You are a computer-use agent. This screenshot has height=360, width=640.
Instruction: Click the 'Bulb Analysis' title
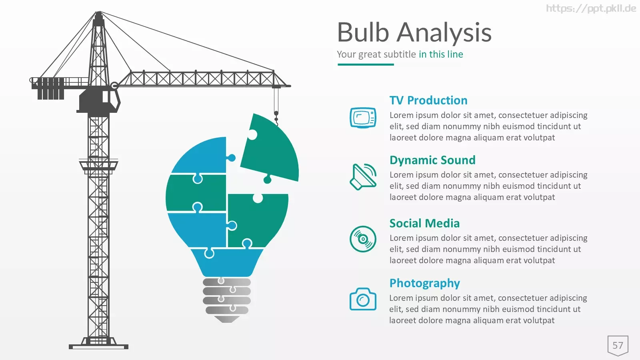click(x=414, y=33)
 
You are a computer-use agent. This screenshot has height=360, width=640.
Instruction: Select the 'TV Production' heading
click(x=428, y=100)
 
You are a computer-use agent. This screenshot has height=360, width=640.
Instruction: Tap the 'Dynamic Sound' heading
click(x=432, y=160)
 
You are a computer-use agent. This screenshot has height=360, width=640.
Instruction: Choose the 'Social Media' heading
click(x=424, y=224)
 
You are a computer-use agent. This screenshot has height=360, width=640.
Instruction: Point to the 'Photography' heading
click(x=424, y=284)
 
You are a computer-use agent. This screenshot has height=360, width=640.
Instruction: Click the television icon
click(x=363, y=118)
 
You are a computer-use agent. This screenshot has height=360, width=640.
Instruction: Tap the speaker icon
click(x=363, y=177)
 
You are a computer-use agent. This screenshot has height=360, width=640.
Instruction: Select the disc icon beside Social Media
click(x=363, y=239)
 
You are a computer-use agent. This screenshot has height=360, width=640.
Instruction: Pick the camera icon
click(x=363, y=299)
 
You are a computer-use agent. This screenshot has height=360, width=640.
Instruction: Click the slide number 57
click(x=618, y=346)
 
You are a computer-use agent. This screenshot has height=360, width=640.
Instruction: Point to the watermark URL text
click(x=591, y=8)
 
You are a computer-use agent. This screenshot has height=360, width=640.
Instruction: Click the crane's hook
click(x=276, y=118)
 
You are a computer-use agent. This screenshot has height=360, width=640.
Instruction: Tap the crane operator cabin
click(x=98, y=100)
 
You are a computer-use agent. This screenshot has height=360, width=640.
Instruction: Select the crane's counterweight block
click(x=50, y=88)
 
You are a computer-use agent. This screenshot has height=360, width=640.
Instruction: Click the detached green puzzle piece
click(x=270, y=148)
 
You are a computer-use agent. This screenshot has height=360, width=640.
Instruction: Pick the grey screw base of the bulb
click(x=227, y=300)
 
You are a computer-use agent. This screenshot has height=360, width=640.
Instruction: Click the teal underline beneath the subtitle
click(x=366, y=64)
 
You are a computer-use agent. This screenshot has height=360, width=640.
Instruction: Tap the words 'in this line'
click(x=441, y=54)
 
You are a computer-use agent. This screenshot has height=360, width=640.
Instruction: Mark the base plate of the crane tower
click(x=98, y=347)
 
